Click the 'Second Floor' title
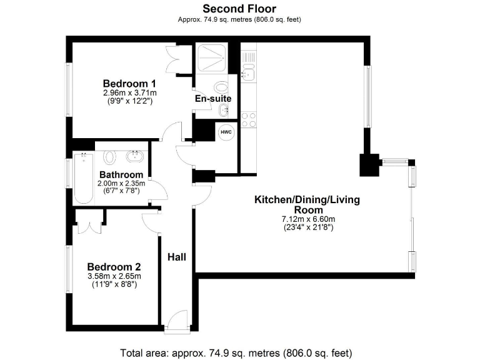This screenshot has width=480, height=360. click(239, 9)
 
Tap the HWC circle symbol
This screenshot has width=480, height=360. click(225, 132)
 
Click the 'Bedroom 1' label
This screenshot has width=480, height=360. click(129, 84)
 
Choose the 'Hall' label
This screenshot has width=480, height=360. click(176, 256)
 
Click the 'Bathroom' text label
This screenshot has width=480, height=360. click(121, 174)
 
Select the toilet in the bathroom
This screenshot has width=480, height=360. click(110, 156)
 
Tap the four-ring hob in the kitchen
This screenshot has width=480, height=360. click(248, 119)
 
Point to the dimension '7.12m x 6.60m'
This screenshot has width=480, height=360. click(308, 219)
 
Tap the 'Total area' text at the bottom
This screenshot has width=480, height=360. click(239, 351)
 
